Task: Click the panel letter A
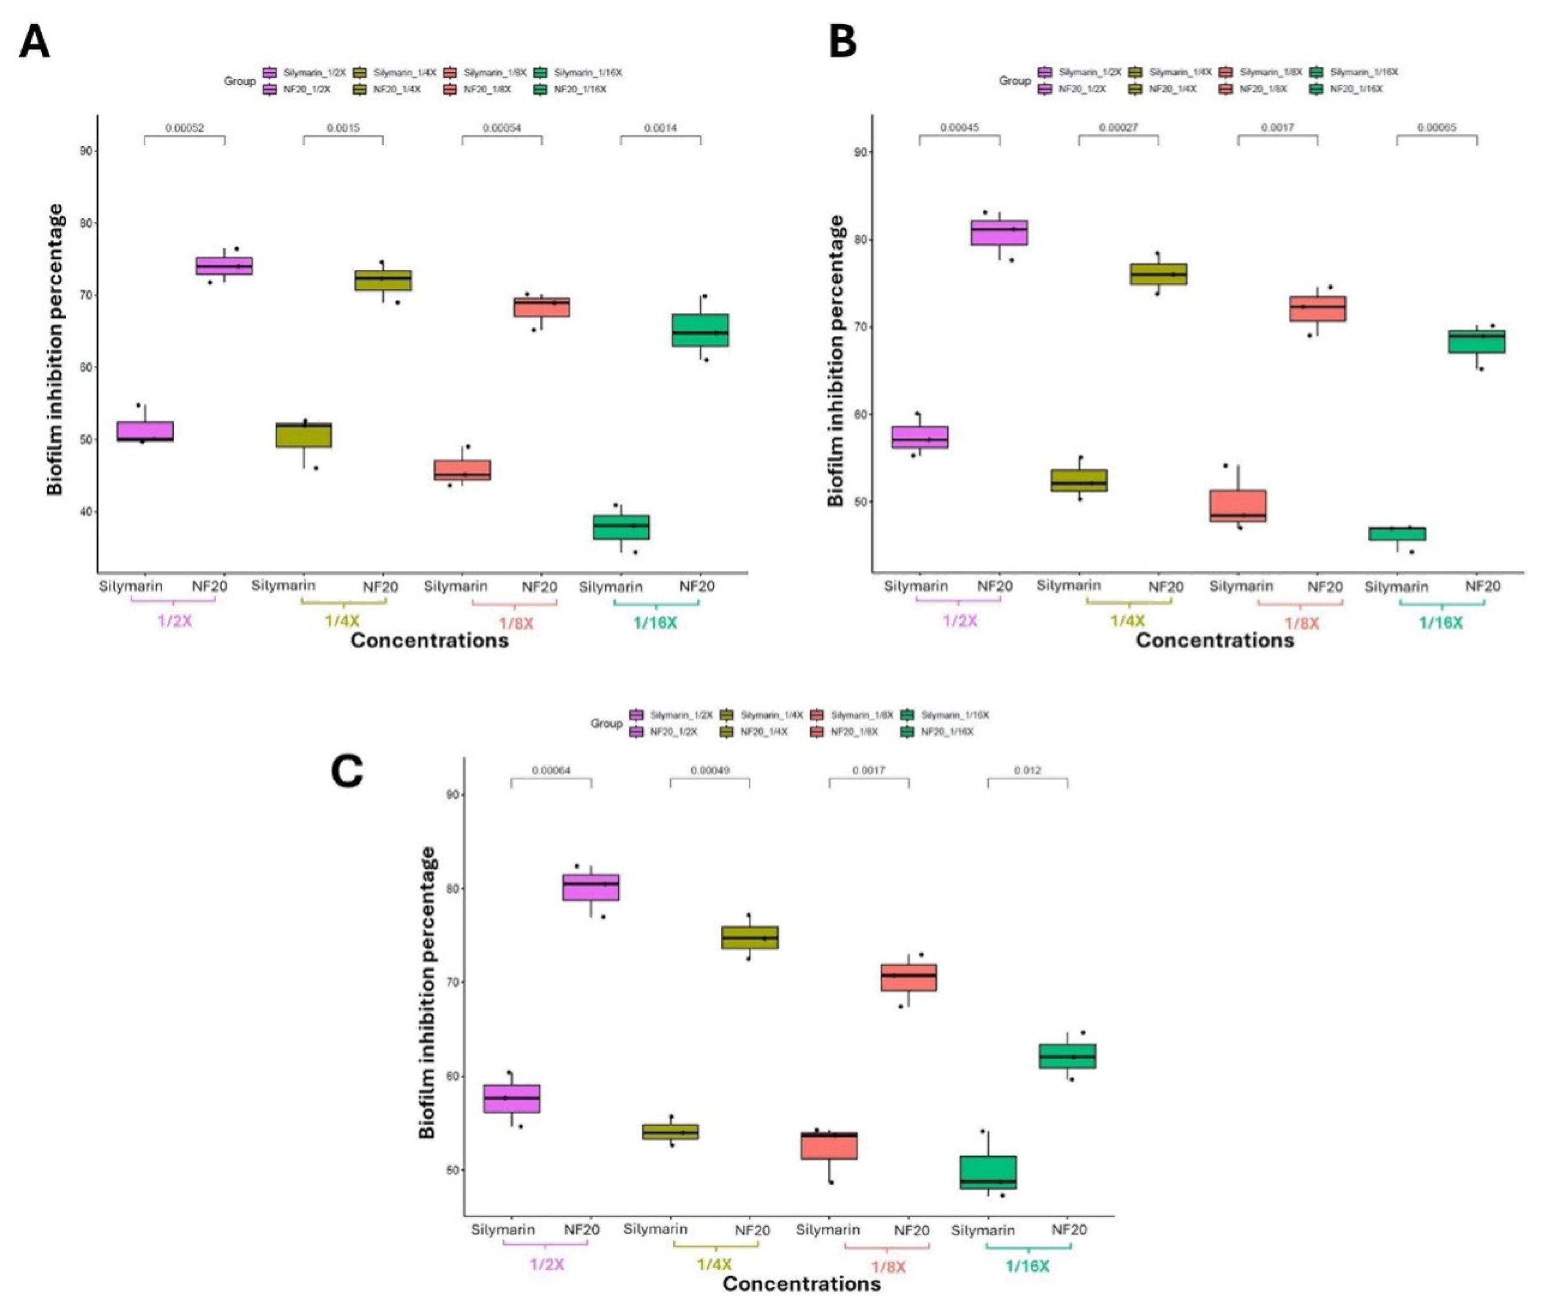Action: point(34,42)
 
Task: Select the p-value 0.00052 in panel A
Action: point(184,128)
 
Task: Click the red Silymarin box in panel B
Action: point(1238,505)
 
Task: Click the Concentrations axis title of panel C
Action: point(801,1284)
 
